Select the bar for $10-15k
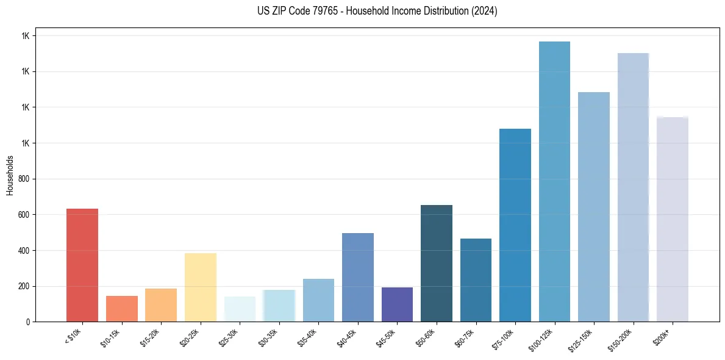121,309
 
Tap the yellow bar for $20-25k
200,287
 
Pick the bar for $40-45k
358,278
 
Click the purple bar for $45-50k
397,304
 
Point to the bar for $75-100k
515,225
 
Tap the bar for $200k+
673,219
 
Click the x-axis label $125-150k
581,340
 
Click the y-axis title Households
10,175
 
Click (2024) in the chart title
485,11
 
